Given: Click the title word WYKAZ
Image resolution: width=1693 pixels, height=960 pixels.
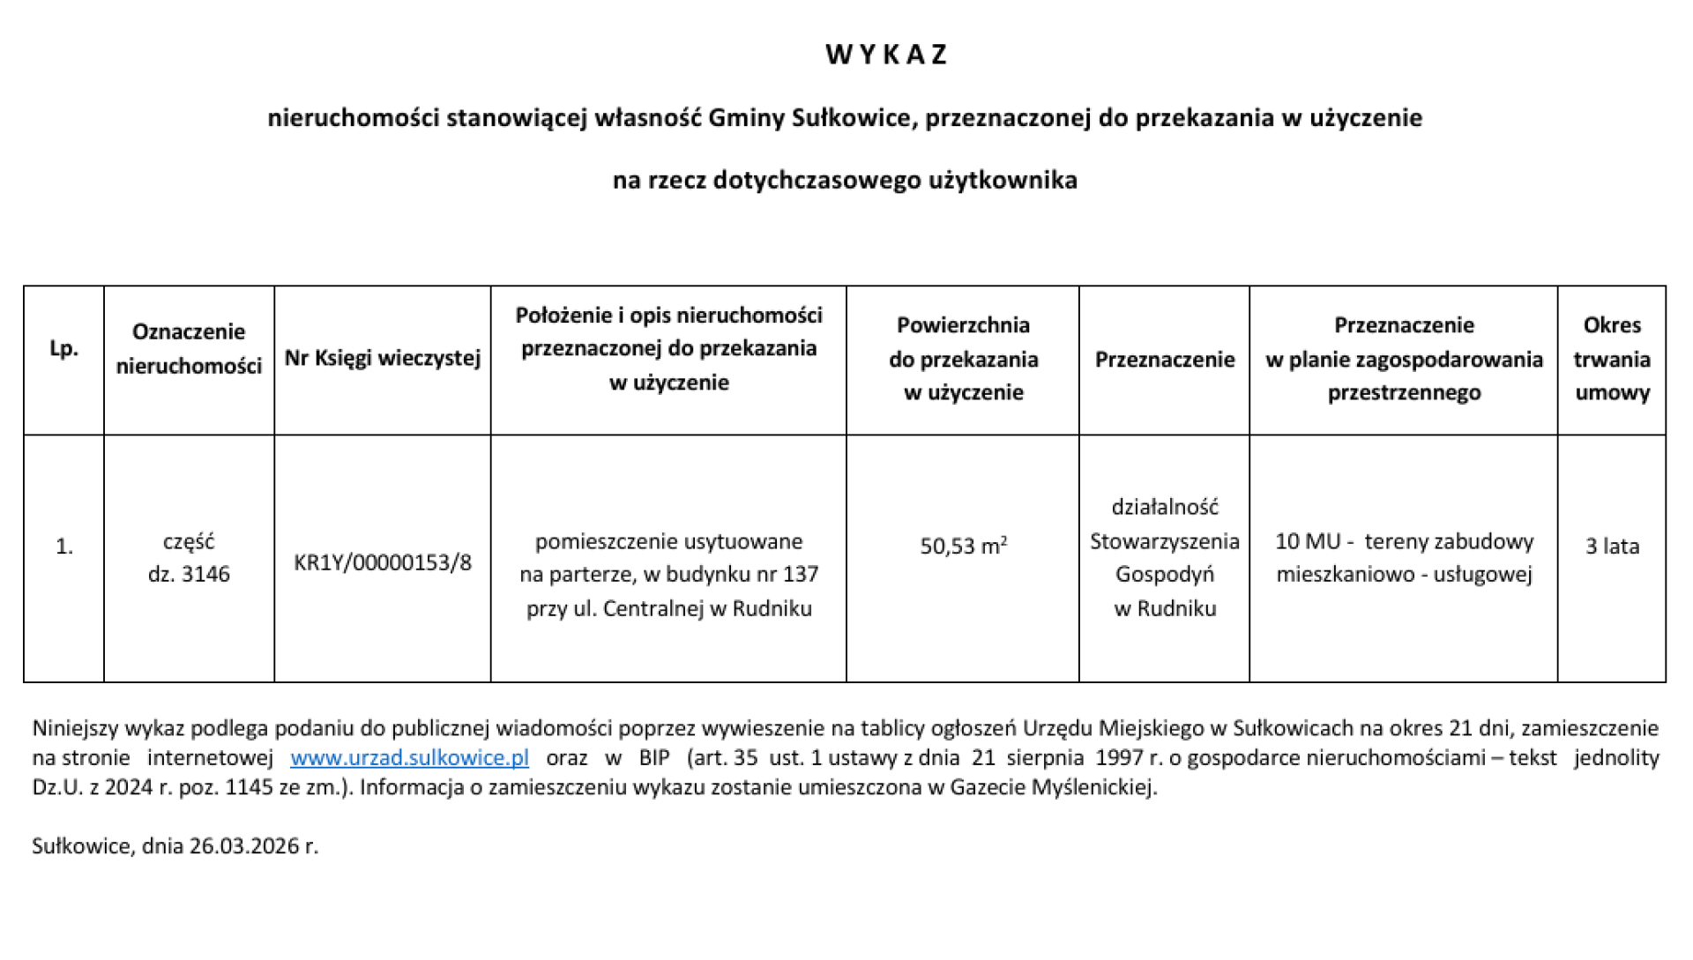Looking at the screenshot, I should tap(886, 55).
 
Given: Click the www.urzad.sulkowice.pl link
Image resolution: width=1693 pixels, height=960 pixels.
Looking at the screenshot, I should tap(409, 758).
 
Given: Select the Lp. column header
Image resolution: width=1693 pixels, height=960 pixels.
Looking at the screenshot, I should tap(63, 349).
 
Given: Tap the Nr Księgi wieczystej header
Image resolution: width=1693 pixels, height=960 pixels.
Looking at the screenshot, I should tap(382, 358).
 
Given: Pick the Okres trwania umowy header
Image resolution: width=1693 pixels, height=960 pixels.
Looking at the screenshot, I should tap(1611, 359).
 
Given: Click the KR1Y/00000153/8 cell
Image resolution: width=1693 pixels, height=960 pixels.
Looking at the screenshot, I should tap(382, 562).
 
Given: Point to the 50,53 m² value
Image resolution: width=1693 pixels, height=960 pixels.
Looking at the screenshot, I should tap(963, 547).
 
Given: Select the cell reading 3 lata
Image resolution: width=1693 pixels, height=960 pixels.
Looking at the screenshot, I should tap(1611, 547).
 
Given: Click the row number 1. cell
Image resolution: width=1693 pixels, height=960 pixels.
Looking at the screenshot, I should tap(63, 547).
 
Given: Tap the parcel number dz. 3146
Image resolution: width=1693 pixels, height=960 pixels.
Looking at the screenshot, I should tap(189, 575).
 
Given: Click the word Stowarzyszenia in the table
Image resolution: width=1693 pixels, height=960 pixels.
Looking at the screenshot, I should tap(1164, 541).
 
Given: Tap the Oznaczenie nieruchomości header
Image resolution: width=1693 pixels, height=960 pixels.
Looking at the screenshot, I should tap(189, 349).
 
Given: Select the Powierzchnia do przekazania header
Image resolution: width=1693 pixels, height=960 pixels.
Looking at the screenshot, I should tap(963, 359).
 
